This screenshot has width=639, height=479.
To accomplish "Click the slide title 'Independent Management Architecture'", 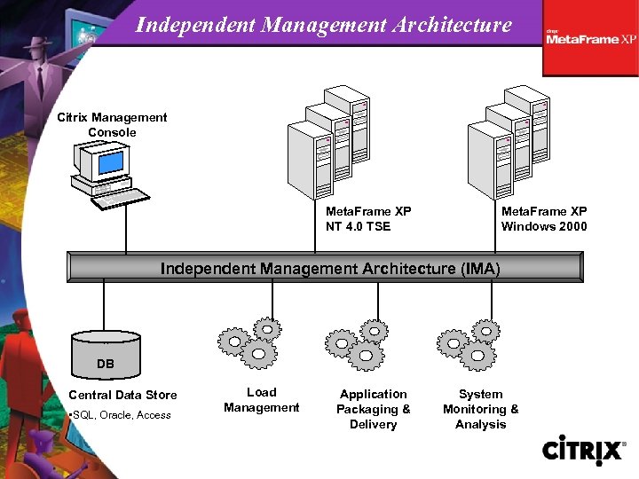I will (x=323, y=25).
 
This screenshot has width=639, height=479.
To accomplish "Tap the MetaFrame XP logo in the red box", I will (x=591, y=38).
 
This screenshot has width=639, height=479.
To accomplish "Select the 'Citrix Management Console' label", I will (x=112, y=124).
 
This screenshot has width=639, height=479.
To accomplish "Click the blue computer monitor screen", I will (x=110, y=162).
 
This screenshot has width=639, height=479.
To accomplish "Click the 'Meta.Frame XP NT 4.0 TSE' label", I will (x=368, y=219).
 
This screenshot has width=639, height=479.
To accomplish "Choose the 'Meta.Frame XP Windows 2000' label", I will (x=544, y=219).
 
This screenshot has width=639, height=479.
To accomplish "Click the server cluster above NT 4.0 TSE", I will (x=329, y=141).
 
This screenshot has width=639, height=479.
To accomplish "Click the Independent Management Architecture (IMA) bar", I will (x=325, y=268).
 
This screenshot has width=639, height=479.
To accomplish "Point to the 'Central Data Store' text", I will (x=122, y=395).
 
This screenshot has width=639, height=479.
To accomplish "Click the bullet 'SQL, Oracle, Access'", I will (x=121, y=415).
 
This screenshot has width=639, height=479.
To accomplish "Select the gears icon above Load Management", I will (x=250, y=342).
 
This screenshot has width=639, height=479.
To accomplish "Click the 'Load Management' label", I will (x=261, y=400).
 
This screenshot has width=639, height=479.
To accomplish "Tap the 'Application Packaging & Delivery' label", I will (x=373, y=409).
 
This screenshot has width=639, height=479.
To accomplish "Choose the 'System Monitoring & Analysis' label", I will (x=480, y=409).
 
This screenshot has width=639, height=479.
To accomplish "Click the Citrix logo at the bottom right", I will (x=582, y=450).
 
